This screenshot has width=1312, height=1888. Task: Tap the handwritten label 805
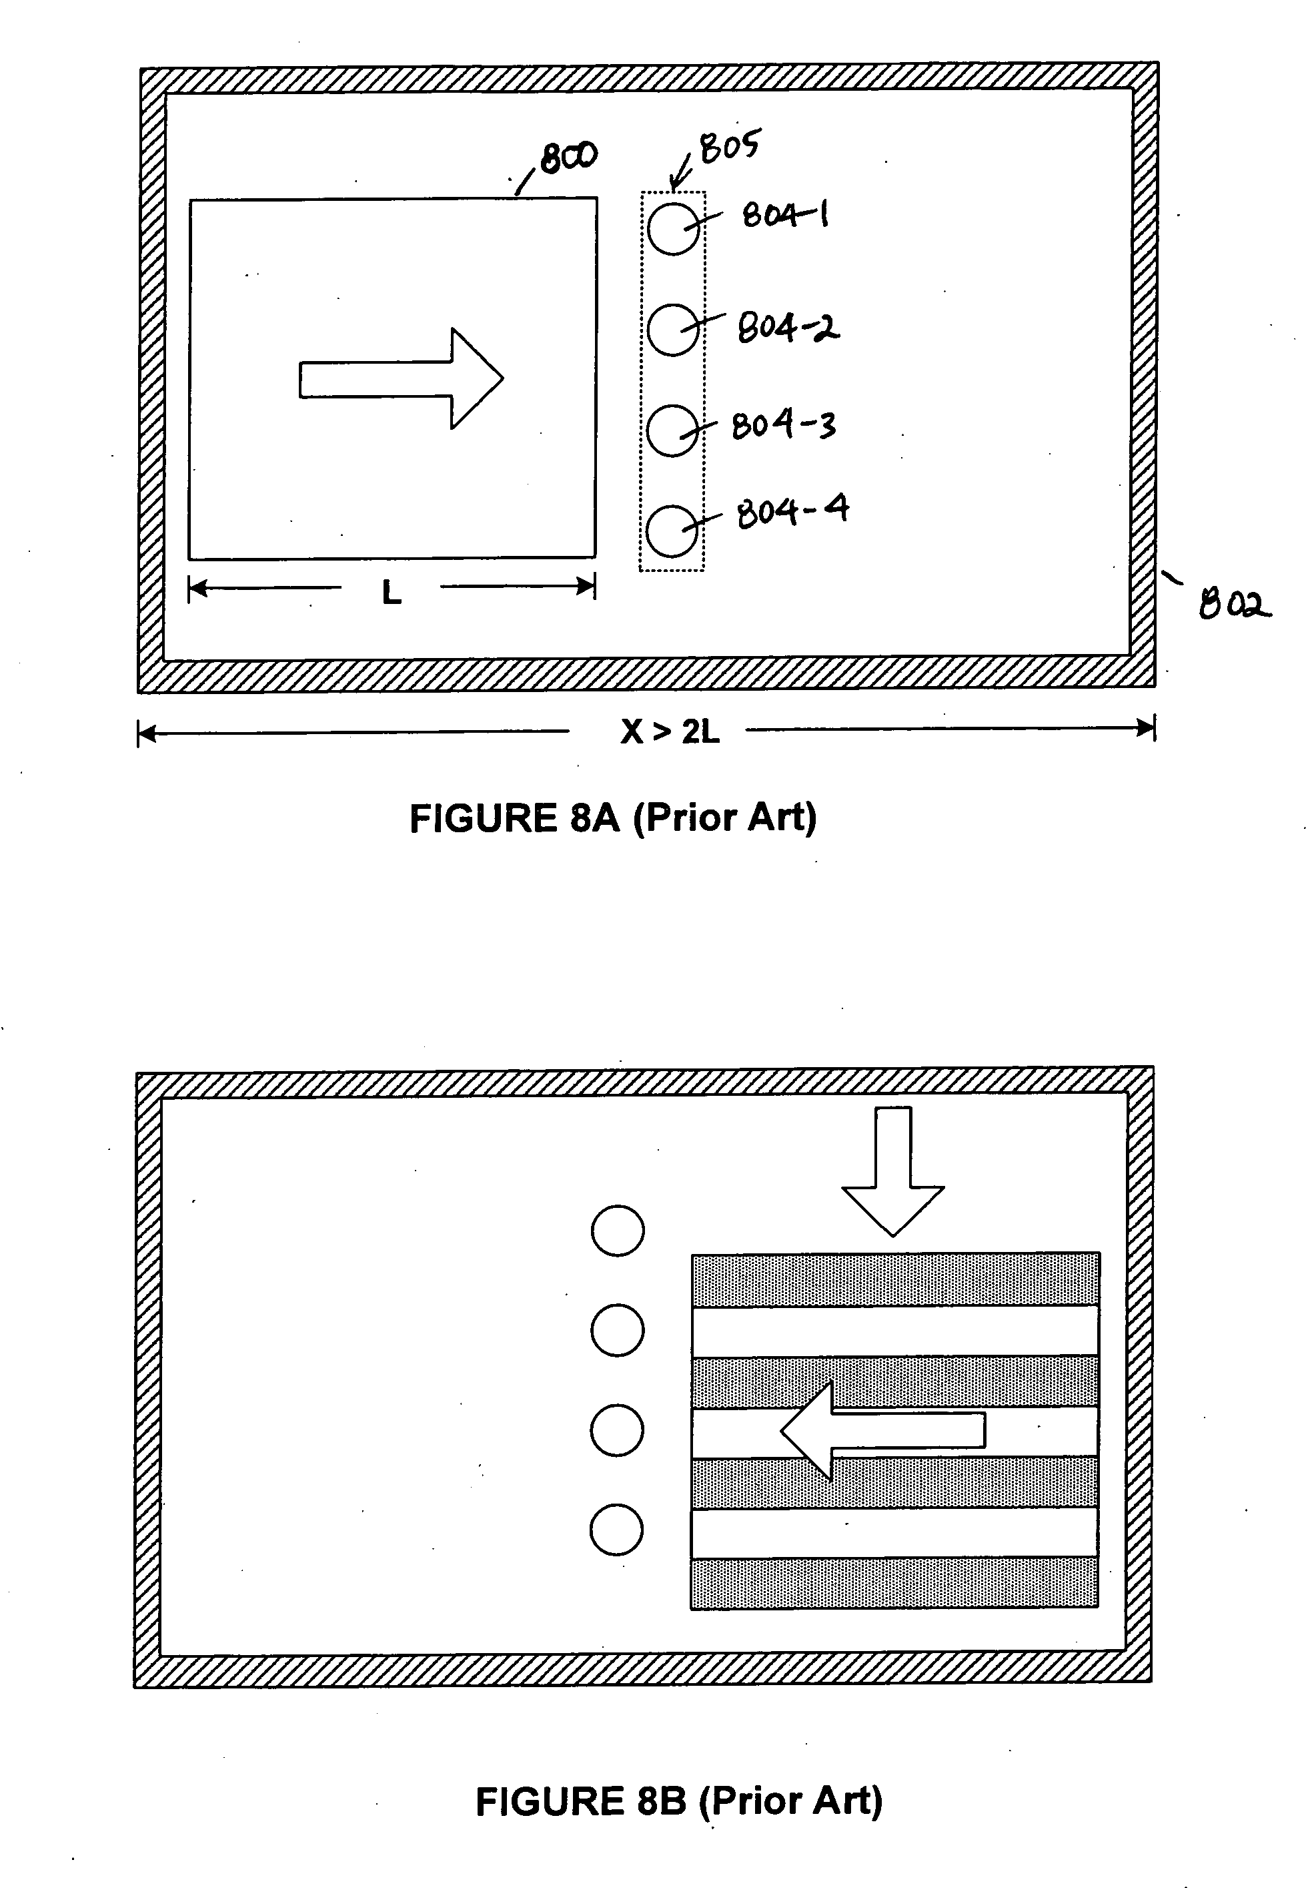[729, 146]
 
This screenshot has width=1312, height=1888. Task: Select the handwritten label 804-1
[785, 216]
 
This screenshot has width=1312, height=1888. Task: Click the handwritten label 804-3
[784, 425]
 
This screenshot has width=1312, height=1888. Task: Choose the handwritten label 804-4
[792, 511]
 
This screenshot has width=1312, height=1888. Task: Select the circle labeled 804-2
[673, 329]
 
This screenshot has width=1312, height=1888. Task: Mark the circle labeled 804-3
[672, 430]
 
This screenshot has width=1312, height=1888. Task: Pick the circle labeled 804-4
[672, 531]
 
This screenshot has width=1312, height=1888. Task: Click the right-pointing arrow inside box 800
[401, 379]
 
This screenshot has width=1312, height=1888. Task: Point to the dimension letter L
[392, 592]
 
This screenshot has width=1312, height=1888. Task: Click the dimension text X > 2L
[670, 730]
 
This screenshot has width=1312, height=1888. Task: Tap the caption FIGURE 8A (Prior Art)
[613, 818]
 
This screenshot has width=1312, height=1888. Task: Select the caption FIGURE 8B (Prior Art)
[679, 1800]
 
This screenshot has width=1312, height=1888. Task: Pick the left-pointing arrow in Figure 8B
[882, 1431]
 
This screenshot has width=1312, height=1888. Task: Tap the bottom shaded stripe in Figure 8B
[894, 1582]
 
